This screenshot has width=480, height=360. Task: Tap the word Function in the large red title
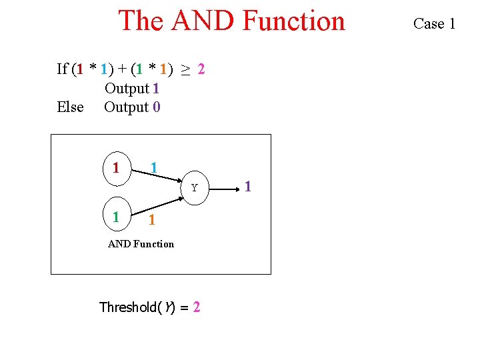tap(293, 21)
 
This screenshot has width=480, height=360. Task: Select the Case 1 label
tap(434, 24)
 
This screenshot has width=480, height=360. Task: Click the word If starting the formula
tap(62, 69)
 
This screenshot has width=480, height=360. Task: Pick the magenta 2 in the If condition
tap(201, 69)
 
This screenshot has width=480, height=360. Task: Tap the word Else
tap(70, 107)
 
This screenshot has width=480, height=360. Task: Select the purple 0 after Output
tap(156, 107)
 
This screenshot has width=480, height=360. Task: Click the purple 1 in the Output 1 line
tap(156, 88)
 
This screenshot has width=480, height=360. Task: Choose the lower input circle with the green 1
tap(116, 217)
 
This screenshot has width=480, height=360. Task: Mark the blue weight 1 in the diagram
tap(154, 167)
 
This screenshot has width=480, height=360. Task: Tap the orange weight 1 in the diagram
tap(153, 221)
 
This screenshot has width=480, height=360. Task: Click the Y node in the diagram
tap(194, 188)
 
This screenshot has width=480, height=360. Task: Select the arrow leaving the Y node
tap(227, 187)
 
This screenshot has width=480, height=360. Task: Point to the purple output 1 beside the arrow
tap(247, 187)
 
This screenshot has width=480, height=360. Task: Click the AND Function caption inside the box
tap(141, 244)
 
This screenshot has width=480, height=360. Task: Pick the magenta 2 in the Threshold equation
tap(196, 307)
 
